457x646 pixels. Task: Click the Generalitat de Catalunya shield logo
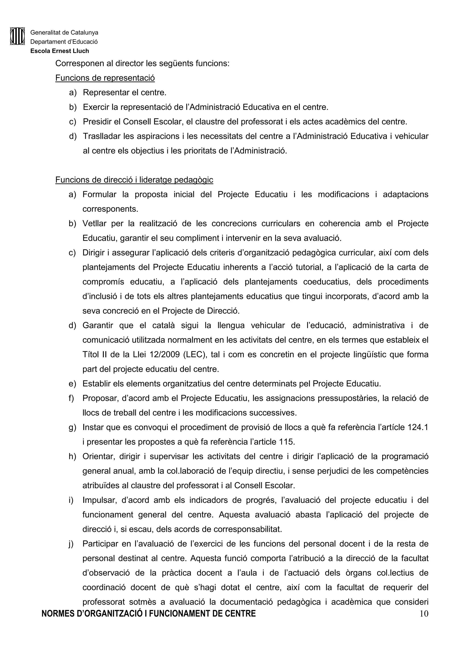(17, 36)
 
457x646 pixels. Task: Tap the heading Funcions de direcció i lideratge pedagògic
(134, 180)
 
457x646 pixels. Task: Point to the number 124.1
(418, 427)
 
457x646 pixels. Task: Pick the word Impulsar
(99, 500)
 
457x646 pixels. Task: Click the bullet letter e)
(72, 384)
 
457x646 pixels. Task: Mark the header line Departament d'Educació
(64, 42)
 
